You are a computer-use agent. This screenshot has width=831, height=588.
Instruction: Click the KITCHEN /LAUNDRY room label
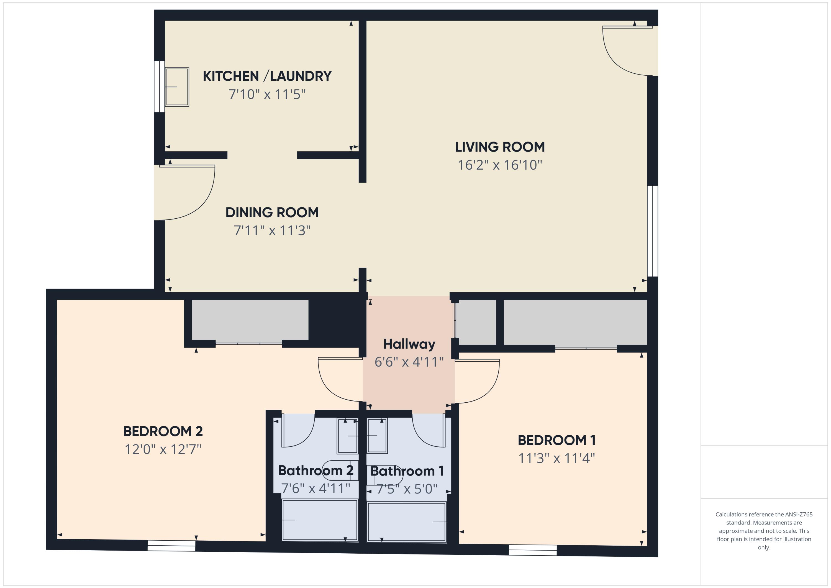tap(267, 76)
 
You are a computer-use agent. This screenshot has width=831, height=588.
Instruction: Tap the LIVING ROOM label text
tap(500, 147)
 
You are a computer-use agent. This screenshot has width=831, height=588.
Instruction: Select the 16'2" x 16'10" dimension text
tap(500, 165)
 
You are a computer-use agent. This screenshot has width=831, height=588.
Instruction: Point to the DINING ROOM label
tap(272, 213)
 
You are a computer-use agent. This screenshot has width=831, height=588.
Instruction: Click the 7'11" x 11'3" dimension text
tap(272, 231)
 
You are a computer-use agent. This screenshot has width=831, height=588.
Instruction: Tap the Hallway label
tap(409, 344)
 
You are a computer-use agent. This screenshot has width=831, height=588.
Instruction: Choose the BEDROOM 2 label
tap(163, 431)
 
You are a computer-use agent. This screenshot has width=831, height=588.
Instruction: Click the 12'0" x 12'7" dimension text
tap(163, 449)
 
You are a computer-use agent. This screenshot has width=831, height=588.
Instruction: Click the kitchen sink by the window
tap(177, 87)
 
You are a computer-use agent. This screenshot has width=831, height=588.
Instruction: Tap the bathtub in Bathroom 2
tap(320, 520)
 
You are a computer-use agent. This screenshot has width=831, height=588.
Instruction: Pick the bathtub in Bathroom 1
tap(406, 522)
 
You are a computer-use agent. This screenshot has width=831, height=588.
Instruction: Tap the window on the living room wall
tap(653, 231)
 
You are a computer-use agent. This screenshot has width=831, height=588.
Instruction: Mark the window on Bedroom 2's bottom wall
tap(171, 546)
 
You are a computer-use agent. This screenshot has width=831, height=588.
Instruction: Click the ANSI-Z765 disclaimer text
tap(764, 531)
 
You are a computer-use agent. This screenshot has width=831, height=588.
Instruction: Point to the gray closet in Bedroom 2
tap(250, 320)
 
